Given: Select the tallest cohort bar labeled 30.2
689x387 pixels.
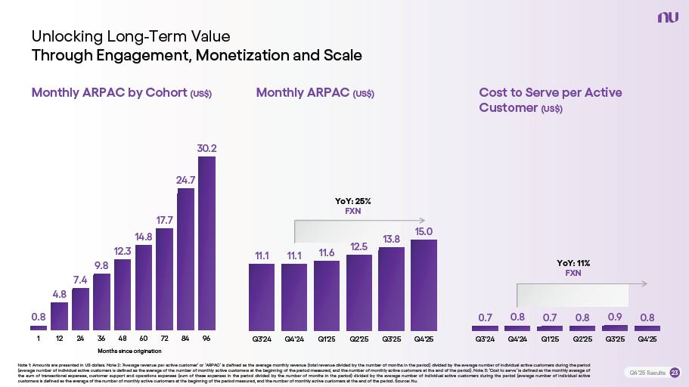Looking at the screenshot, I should pyautogui.click(x=206, y=243).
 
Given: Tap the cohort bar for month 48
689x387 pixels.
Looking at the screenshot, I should pyautogui.click(x=123, y=294).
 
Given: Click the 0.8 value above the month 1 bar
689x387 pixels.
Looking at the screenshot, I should pyautogui.click(x=38, y=316).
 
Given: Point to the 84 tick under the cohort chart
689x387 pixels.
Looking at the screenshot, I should pyautogui.click(x=185, y=339).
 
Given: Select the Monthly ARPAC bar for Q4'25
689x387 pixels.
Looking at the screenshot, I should pyautogui.click(x=424, y=284).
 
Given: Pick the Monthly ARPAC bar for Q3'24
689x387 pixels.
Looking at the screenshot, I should pyautogui.click(x=262, y=296).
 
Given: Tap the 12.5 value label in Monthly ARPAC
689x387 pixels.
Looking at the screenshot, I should pyautogui.click(x=359, y=246).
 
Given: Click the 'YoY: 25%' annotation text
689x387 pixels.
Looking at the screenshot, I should pyautogui.click(x=353, y=201).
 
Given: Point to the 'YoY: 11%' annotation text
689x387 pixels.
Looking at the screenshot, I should pyautogui.click(x=573, y=263).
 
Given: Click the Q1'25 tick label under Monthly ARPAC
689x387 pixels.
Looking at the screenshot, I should pyautogui.click(x=327, y=339).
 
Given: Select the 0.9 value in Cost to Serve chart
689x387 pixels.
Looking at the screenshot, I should pyautogui.click(x=615, y=317).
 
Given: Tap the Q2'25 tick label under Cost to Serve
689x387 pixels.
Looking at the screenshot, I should pyautogui.click(x=582, y=339).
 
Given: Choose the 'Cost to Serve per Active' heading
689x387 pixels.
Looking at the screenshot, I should pyautogui.click(x=551, y=92).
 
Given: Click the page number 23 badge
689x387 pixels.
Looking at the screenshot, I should pyautogui.click(x=675, y=372).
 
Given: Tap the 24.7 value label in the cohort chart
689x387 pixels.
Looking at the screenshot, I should pyautogui.click(x=186, y=180).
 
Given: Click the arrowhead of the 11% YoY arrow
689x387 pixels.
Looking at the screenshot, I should pyautogui.click(x=645, y=284).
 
